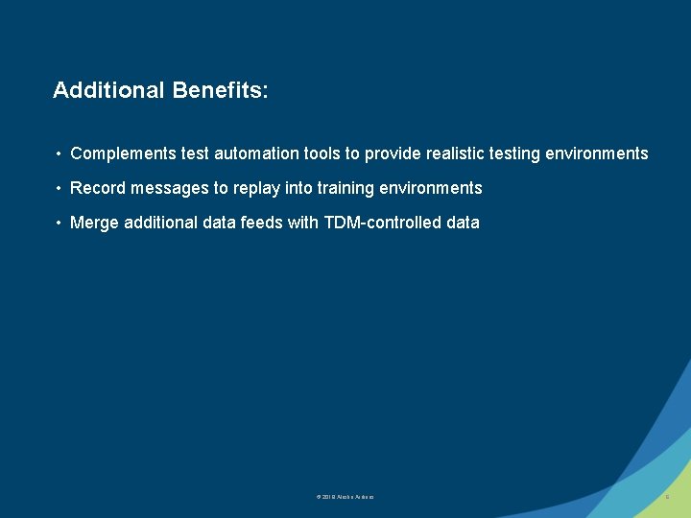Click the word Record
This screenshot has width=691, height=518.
point(98,188)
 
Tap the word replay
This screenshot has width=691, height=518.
point(257,188)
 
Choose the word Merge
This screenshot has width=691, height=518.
point(94,223)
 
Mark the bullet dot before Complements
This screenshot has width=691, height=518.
point(59,154)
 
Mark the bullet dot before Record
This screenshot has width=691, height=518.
point(59,189)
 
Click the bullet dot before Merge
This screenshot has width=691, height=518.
point(59,224)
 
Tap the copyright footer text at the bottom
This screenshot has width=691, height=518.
point(345,497)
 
